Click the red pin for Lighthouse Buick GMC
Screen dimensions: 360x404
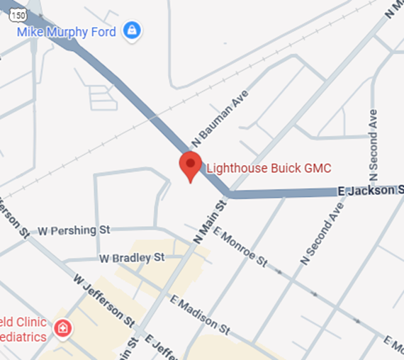190,165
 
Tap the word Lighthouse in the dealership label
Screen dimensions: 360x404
231,168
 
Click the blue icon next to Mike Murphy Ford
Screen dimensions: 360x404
131,30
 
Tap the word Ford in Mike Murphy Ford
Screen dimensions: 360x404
105,31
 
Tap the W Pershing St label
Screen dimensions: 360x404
74,231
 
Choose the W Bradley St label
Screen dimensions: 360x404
132,257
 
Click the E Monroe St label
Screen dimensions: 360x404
240,248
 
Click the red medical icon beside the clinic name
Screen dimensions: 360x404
63,328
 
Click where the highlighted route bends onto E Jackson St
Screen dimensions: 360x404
227,192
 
